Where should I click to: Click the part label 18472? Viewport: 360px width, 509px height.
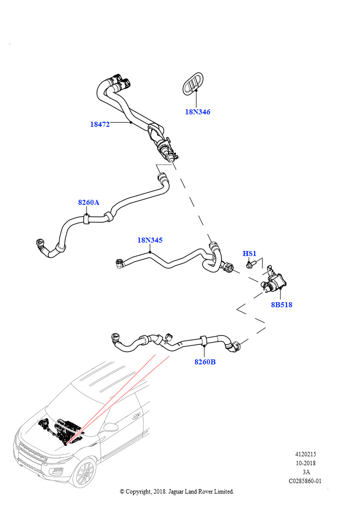(99, 124)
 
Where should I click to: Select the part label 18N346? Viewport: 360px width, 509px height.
(197, 112)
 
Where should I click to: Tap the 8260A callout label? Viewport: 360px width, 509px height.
(89, 202)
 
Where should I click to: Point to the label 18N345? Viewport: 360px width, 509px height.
(150, 240)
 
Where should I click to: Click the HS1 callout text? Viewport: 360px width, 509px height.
(249, 254)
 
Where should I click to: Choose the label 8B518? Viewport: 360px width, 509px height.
(281, 304)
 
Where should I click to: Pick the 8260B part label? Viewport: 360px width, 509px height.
(205, 361)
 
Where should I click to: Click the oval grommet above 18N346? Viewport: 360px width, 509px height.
(192, 82)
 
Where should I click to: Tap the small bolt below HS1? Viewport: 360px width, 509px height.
(250, 265)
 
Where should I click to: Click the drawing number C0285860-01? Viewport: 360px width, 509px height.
(305, 481)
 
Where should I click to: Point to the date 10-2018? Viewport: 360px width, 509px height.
(305, 463)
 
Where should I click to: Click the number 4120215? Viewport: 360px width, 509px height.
(305, 454)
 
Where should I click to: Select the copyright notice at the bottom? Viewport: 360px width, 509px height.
(177, 491)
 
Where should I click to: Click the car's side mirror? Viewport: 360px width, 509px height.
(111, 427)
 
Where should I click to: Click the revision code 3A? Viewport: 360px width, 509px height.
(305, 472)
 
